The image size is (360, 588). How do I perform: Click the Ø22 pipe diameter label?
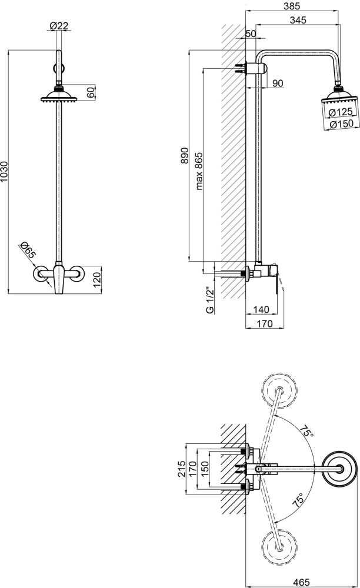(59, 25)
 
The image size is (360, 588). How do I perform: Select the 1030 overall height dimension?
(4, 172)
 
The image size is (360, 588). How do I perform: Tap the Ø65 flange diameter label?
(28, 250)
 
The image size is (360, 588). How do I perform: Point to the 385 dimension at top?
(292, 6)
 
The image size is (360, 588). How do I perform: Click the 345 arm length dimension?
(298, 19)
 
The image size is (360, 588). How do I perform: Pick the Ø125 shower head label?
(341, 112)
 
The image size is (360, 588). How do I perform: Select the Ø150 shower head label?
(341, 123)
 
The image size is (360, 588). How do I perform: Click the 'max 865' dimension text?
(199, 171)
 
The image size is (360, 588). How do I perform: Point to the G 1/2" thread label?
(210, 300)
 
